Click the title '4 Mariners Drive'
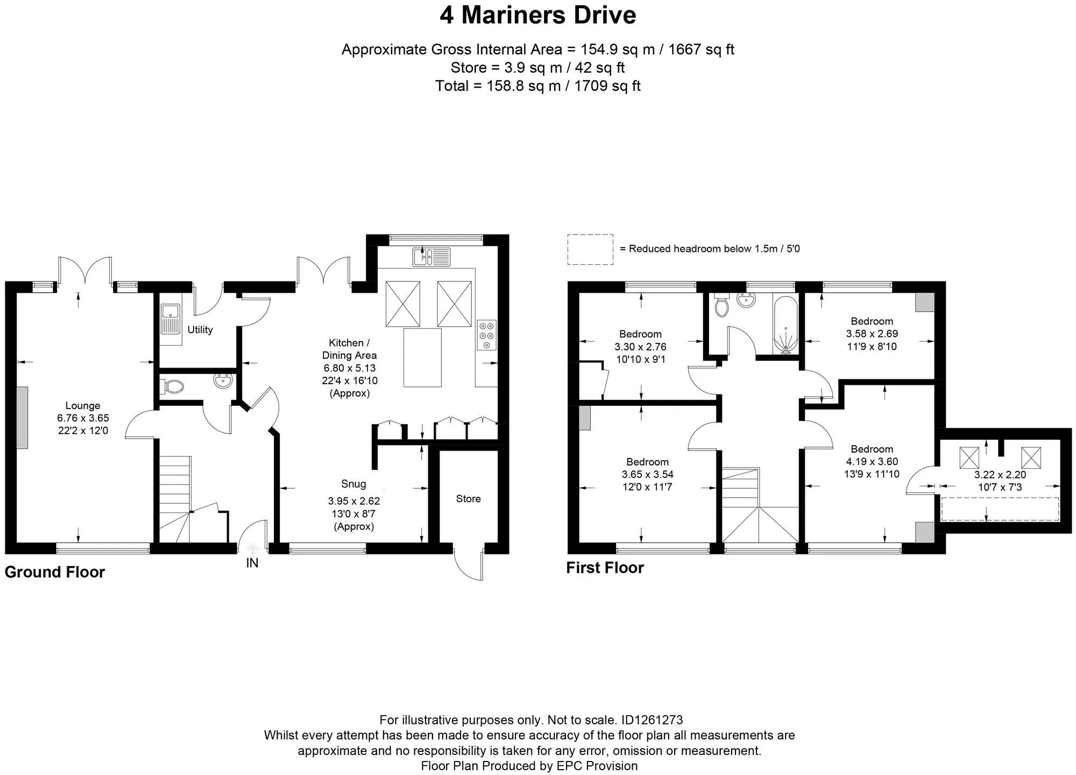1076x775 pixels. (538, 15)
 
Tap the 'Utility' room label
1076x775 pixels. (200, 329)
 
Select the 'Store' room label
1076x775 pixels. (468, 499)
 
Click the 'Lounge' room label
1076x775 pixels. (83, 406)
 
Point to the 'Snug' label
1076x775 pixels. (353, 484)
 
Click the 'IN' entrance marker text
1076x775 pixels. (252, 563)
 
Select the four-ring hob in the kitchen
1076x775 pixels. (487, 335)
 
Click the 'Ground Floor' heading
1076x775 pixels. (55, 572)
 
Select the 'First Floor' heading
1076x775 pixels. (605, 568)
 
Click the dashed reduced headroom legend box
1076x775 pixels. (590, 249)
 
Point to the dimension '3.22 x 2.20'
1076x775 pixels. (1000, 475)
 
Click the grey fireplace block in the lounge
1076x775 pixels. (22, 418)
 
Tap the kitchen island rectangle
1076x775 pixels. (422, 358)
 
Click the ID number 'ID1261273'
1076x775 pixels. (652, 720)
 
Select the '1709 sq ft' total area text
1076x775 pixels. (608, 86)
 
